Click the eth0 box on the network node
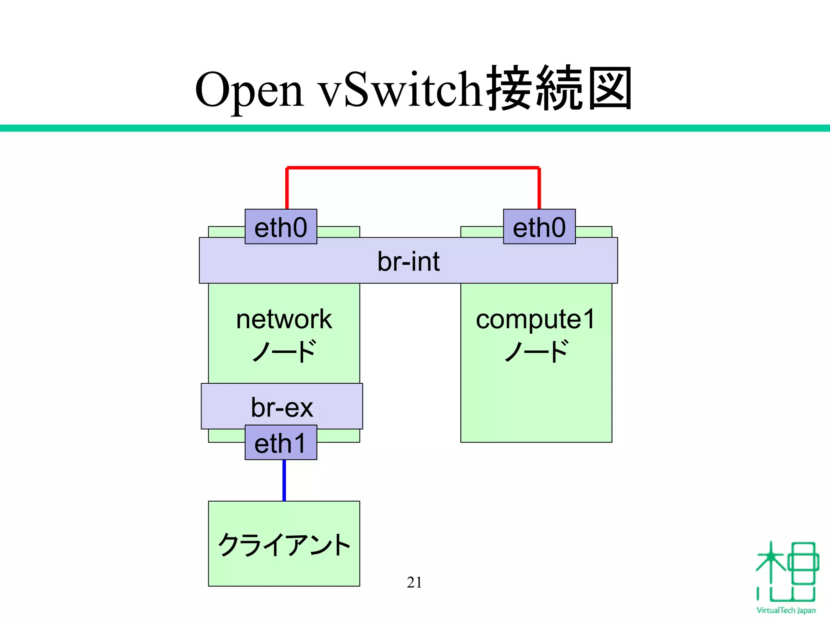281,227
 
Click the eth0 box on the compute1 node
539,227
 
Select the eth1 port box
281,443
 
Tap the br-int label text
408,261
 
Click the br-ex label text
282,407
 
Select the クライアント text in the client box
284,545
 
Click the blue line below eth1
284,480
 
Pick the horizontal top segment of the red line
413,167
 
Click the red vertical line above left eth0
287,189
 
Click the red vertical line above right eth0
539,189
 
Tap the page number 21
414,582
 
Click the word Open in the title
249,90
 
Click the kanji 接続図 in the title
559,88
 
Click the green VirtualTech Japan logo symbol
786,572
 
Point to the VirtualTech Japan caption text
786,610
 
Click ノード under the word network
284,351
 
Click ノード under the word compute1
536,351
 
